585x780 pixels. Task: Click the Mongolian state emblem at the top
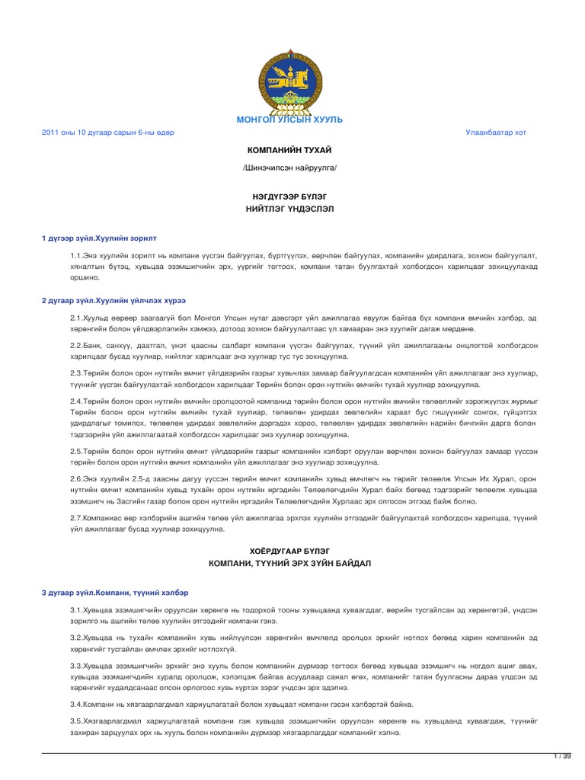292,79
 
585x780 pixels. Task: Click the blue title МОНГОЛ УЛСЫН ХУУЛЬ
292,120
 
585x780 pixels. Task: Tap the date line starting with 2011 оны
107,133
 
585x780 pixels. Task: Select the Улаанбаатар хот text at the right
496,133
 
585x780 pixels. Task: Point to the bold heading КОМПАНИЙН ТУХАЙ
292,151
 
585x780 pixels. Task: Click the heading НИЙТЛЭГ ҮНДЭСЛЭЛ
292,208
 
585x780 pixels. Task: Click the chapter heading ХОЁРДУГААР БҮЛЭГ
292,549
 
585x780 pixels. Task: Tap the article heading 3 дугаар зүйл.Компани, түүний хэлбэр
114,592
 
